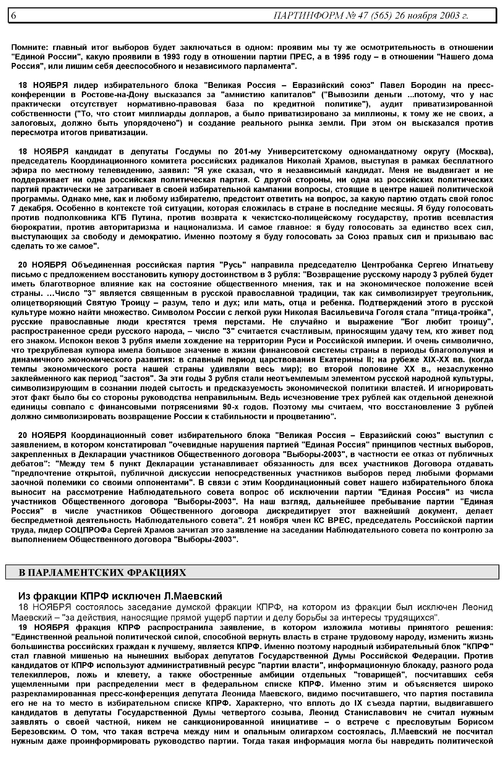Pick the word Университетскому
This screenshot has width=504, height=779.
point(305,152)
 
